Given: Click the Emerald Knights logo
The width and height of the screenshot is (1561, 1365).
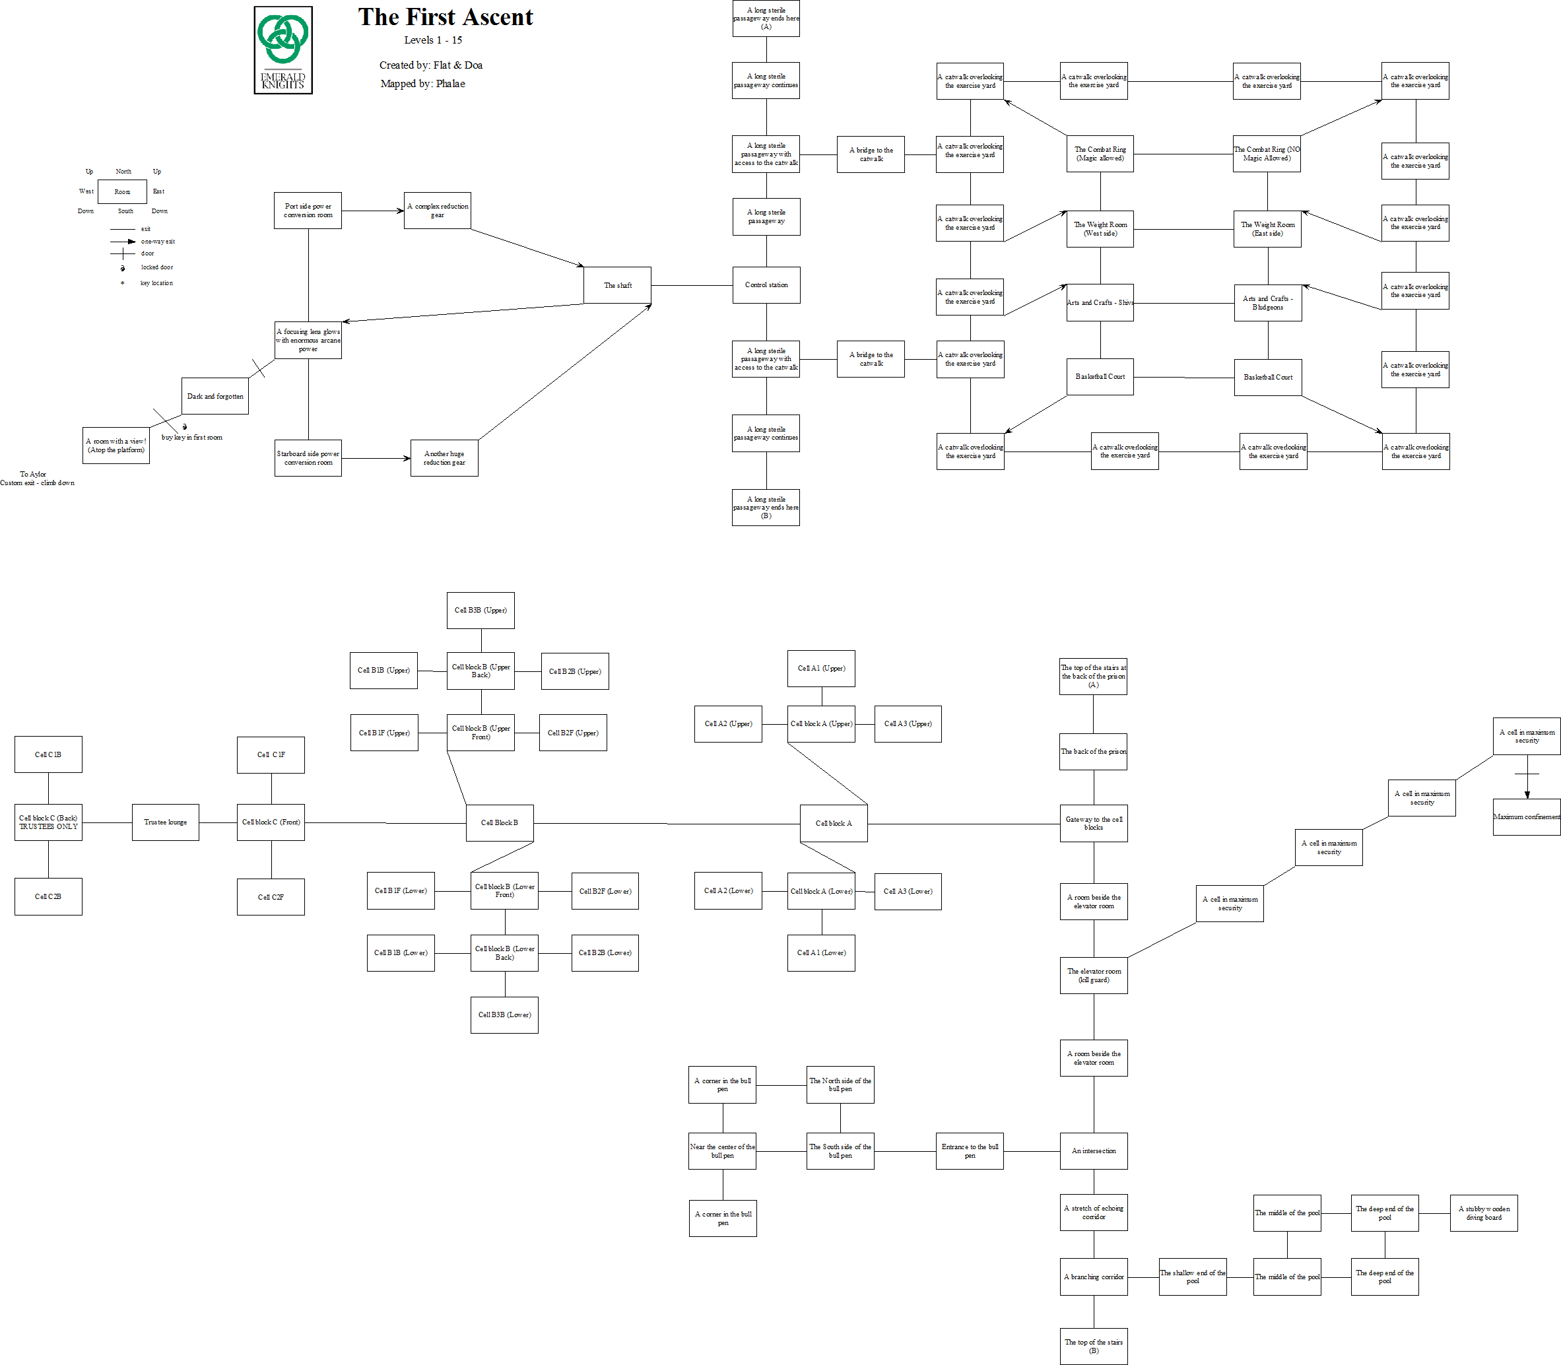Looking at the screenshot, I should coord(282,50).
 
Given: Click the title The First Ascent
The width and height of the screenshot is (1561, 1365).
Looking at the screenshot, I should coord(446,17).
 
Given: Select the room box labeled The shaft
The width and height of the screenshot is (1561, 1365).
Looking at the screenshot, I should coord(617,286).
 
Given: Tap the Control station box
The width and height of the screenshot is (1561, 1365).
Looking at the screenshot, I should coord(766,285).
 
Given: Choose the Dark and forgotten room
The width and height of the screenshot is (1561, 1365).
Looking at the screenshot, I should coord(215,396).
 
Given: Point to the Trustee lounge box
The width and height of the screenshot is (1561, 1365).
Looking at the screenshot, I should coord(165,822).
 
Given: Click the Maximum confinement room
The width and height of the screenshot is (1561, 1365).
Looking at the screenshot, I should coord(1527,816).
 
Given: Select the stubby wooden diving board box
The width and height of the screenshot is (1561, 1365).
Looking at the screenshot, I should coord(1483,1213).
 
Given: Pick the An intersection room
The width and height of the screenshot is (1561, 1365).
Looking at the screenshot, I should coord(1093,1151).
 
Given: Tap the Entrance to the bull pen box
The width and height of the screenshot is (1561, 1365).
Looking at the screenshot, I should coord(969,1151).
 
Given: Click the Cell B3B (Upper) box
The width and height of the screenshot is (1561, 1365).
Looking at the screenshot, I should coord(480,610).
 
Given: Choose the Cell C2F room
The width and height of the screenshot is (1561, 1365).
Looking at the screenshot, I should coord(271,896).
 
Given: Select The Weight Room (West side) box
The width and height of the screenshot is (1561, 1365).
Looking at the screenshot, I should coord(1100,228).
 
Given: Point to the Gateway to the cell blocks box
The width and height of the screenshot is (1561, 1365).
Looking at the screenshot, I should coord(1093,823).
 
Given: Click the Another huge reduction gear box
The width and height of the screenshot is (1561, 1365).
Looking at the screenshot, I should coord(444,458).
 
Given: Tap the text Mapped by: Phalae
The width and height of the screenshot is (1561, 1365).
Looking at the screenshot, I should coord(423,84).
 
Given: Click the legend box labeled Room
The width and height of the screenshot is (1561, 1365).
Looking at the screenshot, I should coord(122,192).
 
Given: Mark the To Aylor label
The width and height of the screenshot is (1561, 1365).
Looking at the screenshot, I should coord(33,475).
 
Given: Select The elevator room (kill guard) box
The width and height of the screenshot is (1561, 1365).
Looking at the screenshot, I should coord(1093,975).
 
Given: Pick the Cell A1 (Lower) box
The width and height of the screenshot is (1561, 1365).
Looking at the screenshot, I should coord(821,953).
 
